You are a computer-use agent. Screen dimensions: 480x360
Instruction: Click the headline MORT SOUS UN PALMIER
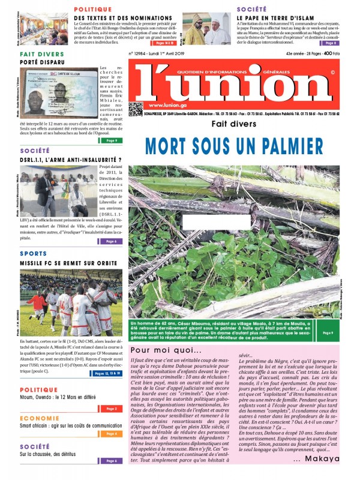pos(234,146)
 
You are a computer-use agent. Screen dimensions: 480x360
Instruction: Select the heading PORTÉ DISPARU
pos(43,61)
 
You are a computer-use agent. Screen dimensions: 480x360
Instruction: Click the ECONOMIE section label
pos(38,418)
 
